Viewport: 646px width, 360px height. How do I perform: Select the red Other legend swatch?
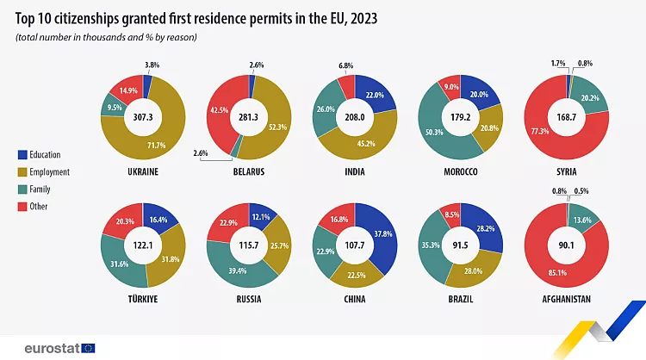[x=22, y=206]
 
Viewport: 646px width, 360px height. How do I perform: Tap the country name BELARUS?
[x=247, y=171]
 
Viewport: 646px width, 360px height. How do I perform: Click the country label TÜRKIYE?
[x=144, y=299]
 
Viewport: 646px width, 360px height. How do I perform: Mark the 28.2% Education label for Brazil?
[x=485, y=229]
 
